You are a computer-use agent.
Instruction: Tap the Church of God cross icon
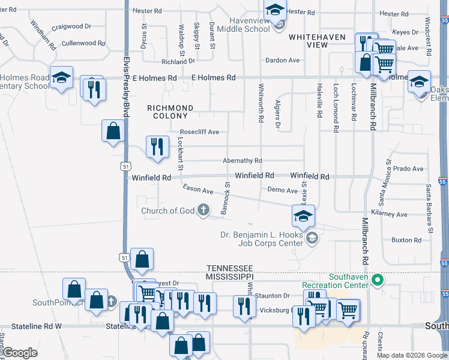click(204, 210)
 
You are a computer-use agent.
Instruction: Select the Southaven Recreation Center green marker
click(378, 280)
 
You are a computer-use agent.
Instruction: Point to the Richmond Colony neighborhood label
click(170, 112)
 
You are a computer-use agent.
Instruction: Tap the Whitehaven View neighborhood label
click(317, 41)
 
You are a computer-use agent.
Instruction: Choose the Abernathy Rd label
click(243, 161)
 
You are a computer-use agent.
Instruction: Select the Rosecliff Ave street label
click(199, 132)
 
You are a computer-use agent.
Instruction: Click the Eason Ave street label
click(198, 190)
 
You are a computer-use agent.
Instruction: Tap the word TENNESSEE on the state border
click(230, 268)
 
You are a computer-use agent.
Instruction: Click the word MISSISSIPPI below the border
click(231, 277)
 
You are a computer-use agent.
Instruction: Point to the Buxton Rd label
click(406, 240)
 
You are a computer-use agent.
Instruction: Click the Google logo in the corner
click(19, 353)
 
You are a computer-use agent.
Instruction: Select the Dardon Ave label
click(282, 61)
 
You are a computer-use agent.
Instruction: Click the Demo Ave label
click(282, 190)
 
